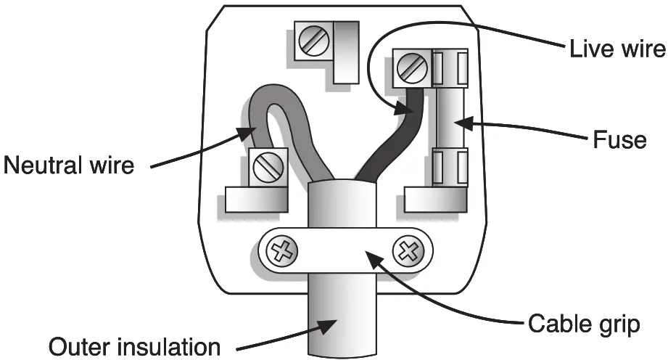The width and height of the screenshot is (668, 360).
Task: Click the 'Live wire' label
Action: tap(617, 49)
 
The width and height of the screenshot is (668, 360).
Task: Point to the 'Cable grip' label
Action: tap(584, 323)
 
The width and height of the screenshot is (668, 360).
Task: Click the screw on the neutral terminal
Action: tap(265, 168)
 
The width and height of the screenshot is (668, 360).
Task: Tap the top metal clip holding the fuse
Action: tap(448, 65)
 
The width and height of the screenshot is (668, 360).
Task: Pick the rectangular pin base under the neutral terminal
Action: tap(255, 199)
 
